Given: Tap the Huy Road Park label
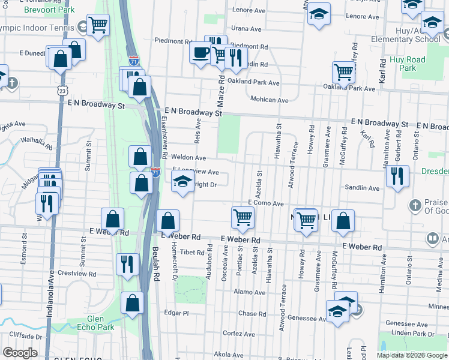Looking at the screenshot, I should [408, 64].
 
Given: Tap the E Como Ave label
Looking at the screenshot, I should [265, 203].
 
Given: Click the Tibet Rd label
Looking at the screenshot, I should [192, 253].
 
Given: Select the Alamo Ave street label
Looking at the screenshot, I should [250, 292].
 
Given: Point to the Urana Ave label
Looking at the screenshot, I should [246, 28].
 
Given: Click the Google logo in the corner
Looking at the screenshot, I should [20, 352].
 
